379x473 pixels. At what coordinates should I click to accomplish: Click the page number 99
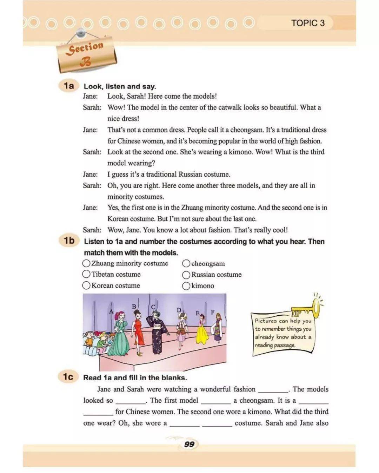click(x=189, y=444)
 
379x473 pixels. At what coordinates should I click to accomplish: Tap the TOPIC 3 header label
click(x=308, y=23)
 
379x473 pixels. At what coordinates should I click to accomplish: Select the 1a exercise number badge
click(x=69, y=86)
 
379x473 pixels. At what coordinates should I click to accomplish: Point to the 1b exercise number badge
click(x=69, y=241)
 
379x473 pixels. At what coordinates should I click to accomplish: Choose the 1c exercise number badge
click(x=68, y=377)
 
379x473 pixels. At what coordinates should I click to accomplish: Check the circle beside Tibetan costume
click(x=86, y=274)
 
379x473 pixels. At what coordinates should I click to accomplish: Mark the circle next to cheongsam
click(x=186, y=263)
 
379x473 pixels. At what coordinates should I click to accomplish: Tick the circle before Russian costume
click(x=186, y=275)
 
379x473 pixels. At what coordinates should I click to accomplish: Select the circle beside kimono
click(x=186, y=286)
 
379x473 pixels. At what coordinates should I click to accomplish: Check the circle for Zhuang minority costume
click(x=86, y=263)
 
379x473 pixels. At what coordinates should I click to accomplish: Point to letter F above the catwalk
click(x=212, y=312)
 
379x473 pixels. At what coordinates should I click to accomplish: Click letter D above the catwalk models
click(x=179, y=310)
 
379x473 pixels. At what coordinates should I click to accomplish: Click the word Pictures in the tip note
click(x=266, y=321)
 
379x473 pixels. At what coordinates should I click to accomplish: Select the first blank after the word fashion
click(x=273, y=390)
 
